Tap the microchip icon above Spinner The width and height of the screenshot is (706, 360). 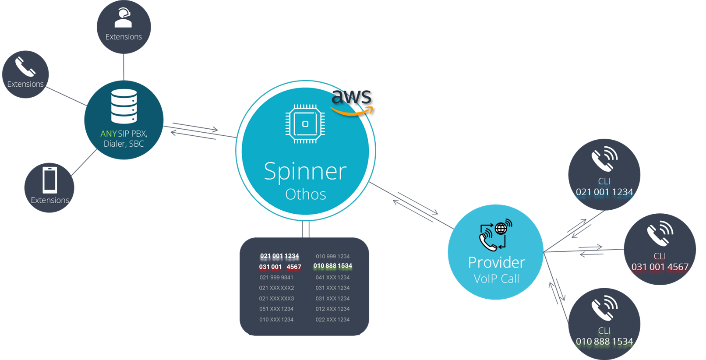(305, 124)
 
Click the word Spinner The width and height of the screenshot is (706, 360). (305, 171)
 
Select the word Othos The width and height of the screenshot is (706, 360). (306, 194)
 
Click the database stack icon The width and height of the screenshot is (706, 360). (124, 106)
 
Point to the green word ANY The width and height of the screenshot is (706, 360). (108, 134)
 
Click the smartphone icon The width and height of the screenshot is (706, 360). (49, 180)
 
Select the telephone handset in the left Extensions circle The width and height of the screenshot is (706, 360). (25, 67)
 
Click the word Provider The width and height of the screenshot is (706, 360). (496, 262)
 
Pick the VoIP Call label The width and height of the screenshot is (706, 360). (496, 279)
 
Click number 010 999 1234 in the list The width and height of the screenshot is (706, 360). (332, 256)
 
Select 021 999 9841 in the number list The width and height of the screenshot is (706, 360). (276, 277)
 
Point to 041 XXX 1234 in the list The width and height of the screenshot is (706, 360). (332, 277)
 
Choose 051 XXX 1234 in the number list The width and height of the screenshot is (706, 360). (276, 309)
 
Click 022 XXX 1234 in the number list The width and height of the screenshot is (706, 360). (332, 319)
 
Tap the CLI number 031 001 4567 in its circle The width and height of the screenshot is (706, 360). (660, 267)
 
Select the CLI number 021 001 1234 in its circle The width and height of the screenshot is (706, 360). (604, 192)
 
